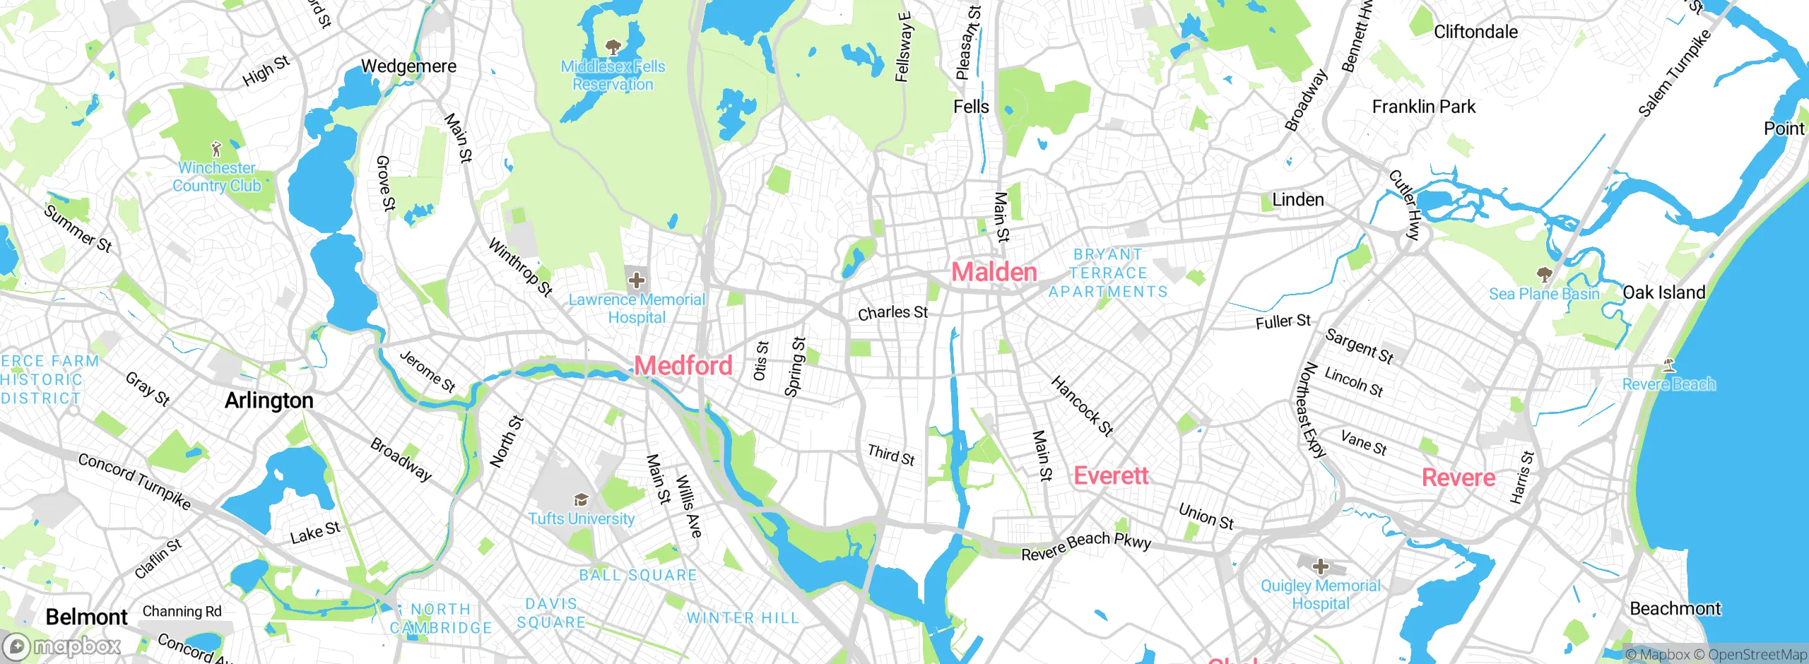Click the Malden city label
[994, 272]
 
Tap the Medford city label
[683, 365]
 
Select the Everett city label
[1111, 475]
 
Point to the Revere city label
[1458, 478]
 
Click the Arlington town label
[269, 401]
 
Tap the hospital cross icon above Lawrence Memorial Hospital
[636, 280]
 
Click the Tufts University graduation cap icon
[581, 500]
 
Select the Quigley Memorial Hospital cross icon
[1320, 567]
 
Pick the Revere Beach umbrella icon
[1668, 365]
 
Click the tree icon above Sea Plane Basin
[1544, 274]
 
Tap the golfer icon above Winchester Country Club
[216, 149]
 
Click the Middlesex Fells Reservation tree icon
[613, 47]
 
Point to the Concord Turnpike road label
[134, 482]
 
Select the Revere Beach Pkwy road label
[1086, 546]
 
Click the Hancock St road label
[1082, 405]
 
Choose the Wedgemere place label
[408, 66]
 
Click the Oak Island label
[1663, 292]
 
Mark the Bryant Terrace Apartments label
[1108, 273]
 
